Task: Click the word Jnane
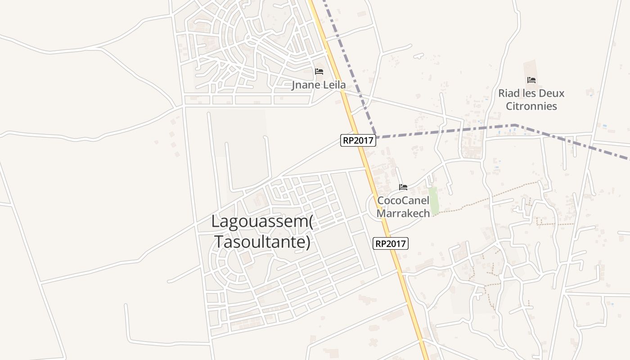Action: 306,85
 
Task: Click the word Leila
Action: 333,85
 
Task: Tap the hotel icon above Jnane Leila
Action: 319,72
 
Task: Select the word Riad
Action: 508,93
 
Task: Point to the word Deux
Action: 549,93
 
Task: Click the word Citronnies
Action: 531,106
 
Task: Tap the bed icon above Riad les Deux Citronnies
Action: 531,80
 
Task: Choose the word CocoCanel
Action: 403,200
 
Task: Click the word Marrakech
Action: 403,213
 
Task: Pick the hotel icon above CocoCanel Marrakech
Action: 403,187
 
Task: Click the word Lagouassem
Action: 260,221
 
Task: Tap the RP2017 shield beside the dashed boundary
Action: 358,140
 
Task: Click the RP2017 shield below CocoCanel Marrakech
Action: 391,244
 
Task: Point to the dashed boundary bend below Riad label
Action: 515,125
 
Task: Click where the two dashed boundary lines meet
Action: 377,136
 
